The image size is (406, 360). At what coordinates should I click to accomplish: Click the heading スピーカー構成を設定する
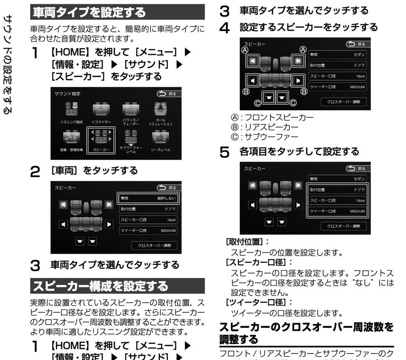point(101,286)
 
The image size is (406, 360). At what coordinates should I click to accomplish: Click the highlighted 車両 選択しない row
point(148,198)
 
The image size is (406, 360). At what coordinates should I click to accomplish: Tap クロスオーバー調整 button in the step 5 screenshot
point(343,226)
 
